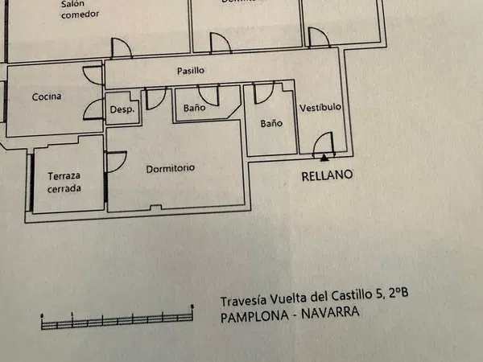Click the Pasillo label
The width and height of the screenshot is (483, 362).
pyautogui.click(x=191, y=71)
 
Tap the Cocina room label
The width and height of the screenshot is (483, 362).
pyautogui.click(x=47, y=97)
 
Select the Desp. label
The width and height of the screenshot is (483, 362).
pyautogui.click(x=122, y=109)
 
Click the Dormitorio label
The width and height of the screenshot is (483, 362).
pyautogui.click(x=171, y=169)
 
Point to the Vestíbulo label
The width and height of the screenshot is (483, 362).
pyautogui.click(x=320, y=108)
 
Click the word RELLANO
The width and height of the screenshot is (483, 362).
pyautogui.click(x=327, y=175)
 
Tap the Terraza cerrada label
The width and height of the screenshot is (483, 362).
pyautogui.click(x=64, y=183)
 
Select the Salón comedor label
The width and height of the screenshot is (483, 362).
pyautogui.click(x=80, y=10)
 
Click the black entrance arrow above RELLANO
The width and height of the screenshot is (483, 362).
pyautogui.click(x=324, y=158)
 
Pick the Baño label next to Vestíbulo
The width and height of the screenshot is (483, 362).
pyautogui.click(x=271, y=124)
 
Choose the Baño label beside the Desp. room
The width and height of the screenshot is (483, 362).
pyautogui.click(x=194, y=108)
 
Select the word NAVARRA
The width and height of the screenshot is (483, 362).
pyautogui.click(x=330, y=313)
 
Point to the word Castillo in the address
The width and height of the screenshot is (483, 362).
pyautogui.click(x=348, y=295)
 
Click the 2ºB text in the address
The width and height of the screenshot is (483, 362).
pyautogui.click(x=398, y=293)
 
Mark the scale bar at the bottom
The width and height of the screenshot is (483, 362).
pyautogui.click(x=118, y=318)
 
